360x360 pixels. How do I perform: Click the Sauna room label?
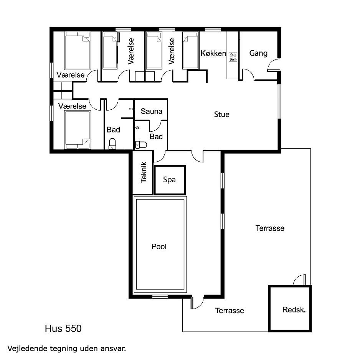pos(152,111)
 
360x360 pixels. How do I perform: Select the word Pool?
pos(159,246)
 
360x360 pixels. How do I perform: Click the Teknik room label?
pos(144,172)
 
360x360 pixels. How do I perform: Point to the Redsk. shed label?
pos(294,310)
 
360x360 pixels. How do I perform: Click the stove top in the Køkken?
pos(233,58)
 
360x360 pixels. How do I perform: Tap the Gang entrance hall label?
pos(258,53)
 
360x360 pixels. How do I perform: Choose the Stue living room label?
pos(221,114)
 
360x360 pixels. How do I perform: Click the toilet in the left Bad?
pos(112,144)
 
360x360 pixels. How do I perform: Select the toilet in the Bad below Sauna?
pos(141,145)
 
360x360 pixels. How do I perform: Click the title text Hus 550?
pos(63,329)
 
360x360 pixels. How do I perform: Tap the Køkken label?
pos(213,53)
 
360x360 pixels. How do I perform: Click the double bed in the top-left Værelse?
pos(78,51)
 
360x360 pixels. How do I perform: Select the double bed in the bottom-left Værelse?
pos(78,130)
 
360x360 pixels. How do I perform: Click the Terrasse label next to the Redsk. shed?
pos(230,310)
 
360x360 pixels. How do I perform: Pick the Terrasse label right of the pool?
pos(270,228)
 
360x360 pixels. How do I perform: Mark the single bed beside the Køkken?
pos(190,50)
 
